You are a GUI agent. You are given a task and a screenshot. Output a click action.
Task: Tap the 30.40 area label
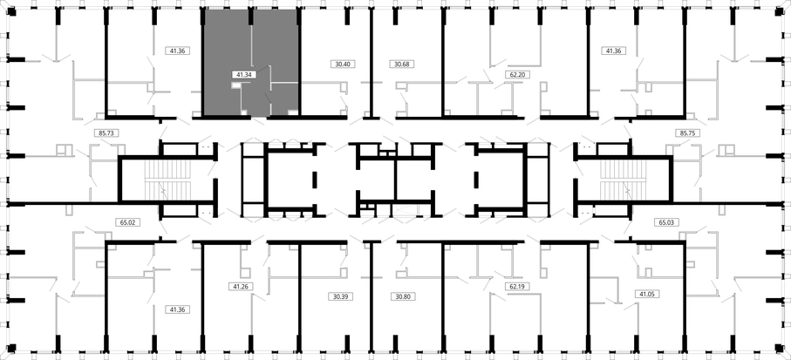pos(342,64)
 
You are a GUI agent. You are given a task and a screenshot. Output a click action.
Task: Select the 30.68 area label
pos(402,64)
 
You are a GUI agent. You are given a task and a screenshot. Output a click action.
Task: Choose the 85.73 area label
pos(106,133)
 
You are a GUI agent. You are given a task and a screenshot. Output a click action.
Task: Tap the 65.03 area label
pos(666,222)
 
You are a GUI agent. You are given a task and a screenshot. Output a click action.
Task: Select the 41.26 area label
pos(241,287)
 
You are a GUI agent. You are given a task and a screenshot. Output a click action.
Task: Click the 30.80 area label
pos(403,296)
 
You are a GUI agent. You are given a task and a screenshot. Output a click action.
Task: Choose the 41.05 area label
pos(648,294)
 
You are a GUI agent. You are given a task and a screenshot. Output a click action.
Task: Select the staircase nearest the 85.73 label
pos(168,180)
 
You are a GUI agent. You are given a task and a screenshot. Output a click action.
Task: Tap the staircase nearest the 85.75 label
pos(623,180)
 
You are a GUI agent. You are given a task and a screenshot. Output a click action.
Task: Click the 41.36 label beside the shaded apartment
pos(177,51)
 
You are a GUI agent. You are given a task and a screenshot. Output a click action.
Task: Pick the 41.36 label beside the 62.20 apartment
pos(614,51)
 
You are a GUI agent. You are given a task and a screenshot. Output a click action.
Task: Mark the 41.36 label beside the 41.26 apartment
pos(178,309)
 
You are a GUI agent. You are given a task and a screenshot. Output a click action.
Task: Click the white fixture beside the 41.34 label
pos(236,85)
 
